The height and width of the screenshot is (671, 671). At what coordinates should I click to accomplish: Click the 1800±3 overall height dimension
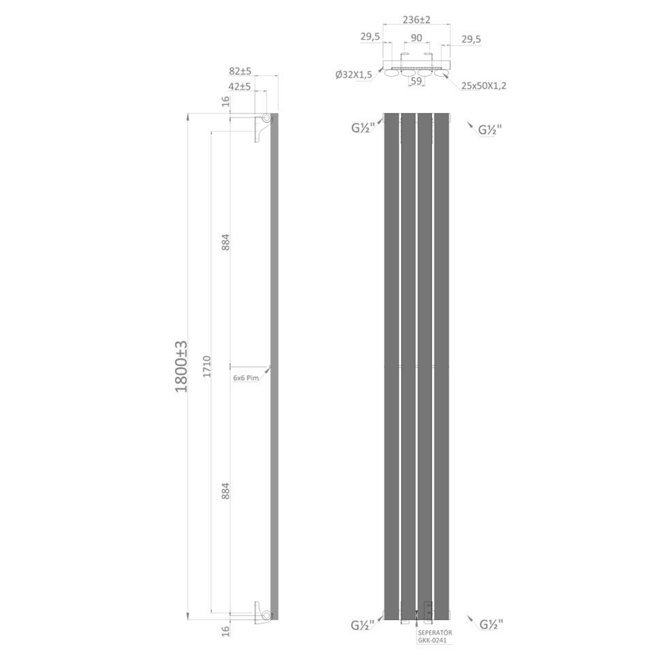coord(181,366)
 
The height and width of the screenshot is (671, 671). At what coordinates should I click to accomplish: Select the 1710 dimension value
coord(207,366)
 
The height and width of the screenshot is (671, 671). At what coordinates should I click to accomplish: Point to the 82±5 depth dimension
coord(240,71)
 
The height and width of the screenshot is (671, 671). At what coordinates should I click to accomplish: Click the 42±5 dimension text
coord(240,86)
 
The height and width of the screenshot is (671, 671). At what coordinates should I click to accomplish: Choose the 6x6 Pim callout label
coord(246,378)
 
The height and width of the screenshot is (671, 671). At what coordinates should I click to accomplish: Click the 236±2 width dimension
coord(416,20)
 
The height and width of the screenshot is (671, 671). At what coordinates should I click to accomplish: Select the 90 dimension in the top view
coord(416,38)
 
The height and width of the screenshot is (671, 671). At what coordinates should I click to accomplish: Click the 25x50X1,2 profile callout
coord(483,86)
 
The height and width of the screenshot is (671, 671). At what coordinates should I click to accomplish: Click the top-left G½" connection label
coord(363,128)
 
